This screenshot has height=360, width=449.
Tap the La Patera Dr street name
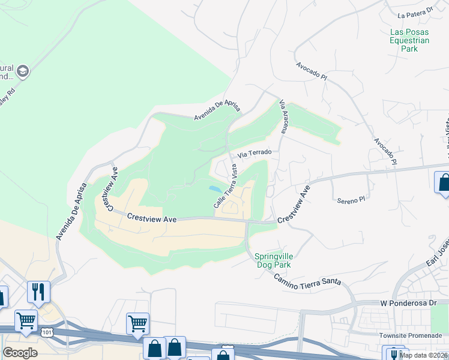pos(415,11)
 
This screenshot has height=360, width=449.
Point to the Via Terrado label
pos(255,154)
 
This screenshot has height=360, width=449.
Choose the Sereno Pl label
pos(351,199)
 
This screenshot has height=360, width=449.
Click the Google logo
pos(20,352)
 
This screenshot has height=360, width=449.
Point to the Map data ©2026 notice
pos(423,355)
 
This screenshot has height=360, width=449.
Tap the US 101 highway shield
pos(47,331)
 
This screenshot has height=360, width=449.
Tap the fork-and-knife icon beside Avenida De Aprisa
pos(38,292)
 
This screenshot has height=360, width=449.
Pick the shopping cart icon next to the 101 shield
pos(26,320)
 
